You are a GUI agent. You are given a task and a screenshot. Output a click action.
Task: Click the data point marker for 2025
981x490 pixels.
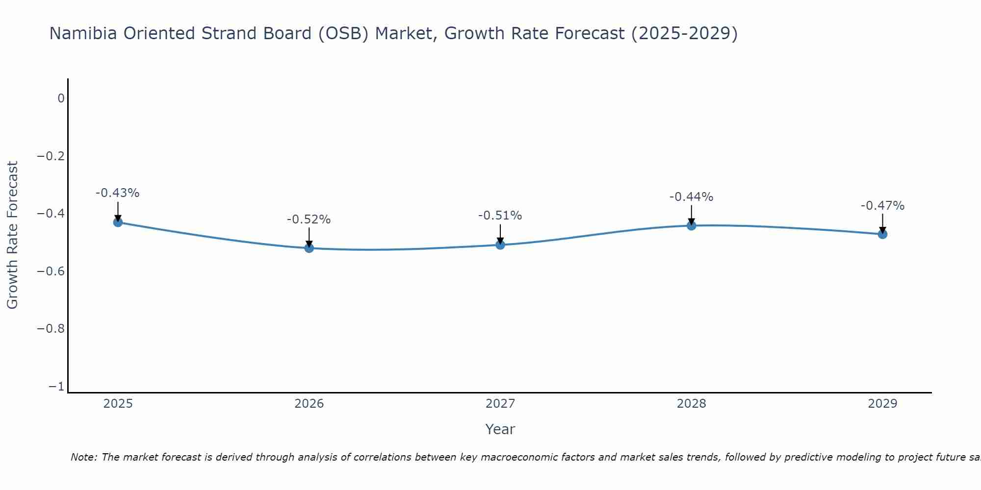click(118, 222)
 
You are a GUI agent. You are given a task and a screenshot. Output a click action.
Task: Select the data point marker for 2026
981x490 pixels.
click(309, 248)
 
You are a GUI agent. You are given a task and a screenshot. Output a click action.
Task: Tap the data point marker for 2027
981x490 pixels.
click(500, 245)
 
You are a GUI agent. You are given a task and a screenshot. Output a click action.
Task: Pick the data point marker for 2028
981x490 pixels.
click(692, 225)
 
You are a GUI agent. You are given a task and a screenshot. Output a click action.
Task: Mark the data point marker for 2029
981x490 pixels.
click(882, 234)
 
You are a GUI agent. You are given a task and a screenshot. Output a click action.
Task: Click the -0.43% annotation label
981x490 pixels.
click(117, 193)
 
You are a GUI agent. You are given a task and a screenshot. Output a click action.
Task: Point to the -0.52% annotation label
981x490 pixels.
click(309, 220)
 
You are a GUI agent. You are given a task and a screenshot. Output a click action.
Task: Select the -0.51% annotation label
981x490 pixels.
click(500, 216)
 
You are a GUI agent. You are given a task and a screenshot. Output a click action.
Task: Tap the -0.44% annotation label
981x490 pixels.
click(691, 197)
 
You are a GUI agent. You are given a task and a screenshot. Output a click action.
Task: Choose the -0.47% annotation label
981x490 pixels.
click(882, 206)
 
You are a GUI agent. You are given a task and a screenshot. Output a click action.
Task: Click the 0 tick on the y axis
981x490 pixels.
click(61, 98)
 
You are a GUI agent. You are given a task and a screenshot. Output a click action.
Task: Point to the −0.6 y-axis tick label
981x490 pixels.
click(51, 271)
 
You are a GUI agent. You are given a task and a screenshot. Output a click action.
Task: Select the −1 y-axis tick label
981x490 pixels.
click(56, 387)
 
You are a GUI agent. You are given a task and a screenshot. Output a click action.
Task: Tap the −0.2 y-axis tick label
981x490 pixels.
click(51, 156)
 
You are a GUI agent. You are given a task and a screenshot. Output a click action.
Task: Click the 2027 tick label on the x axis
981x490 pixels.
click(500, 404)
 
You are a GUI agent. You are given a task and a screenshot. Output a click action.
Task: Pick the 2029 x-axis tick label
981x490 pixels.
click(882, 404)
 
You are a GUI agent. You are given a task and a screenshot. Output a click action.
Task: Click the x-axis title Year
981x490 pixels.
click(500, 429)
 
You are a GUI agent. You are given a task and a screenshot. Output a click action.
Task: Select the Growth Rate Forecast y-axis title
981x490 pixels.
click(12, 235)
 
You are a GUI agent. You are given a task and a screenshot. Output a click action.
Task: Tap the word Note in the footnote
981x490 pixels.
click(83, 457)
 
